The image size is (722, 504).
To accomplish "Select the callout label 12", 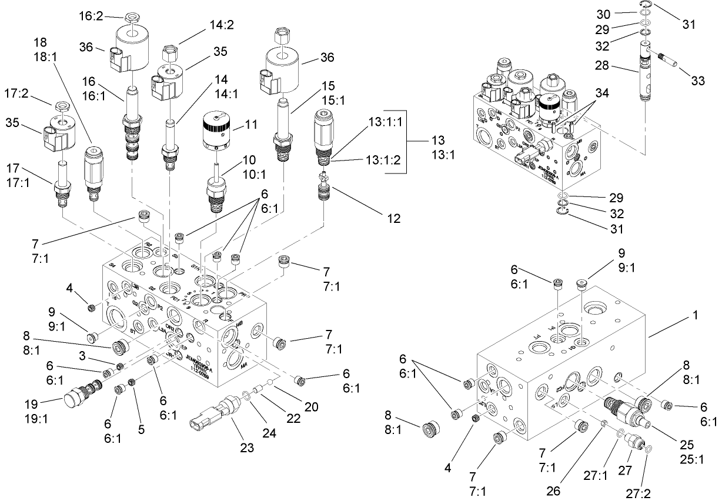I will coord(393,218).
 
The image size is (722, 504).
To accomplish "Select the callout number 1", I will coord(696,315).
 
